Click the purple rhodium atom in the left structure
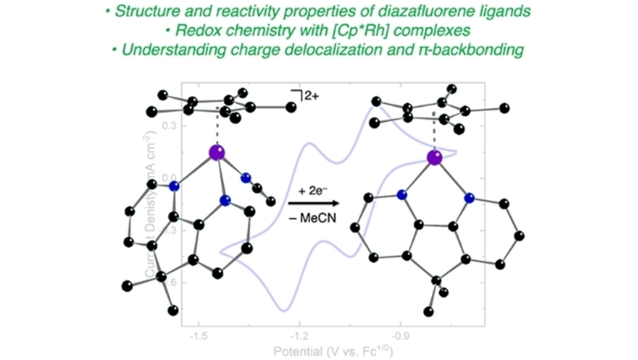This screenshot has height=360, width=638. (217, 154)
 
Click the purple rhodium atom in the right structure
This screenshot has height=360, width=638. (435, 157)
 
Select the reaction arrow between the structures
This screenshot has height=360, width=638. (313, 203)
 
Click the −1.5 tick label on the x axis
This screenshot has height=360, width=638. (199, 330)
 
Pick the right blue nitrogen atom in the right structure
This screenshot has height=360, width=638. (470, 198)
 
